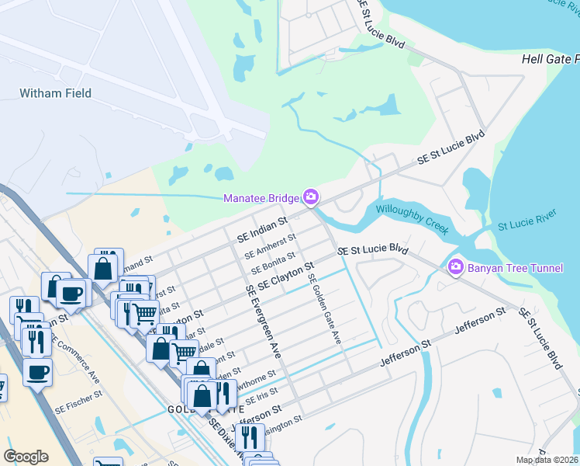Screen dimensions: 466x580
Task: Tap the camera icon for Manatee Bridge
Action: [x=311, y=198]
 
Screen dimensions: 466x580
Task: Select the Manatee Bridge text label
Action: [x=261, y=199]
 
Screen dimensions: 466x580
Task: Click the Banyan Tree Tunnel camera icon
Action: [x=455, y=267]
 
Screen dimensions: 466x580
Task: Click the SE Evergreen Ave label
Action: [x=263, y=321]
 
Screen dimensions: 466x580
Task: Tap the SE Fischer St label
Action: [x=78, y=395]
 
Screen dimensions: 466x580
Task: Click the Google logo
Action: [x=26, y=457]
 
